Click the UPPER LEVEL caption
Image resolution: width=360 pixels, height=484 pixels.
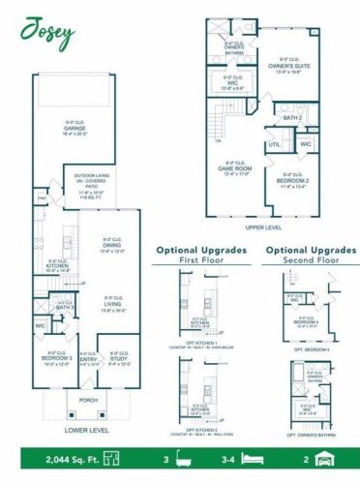262,227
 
